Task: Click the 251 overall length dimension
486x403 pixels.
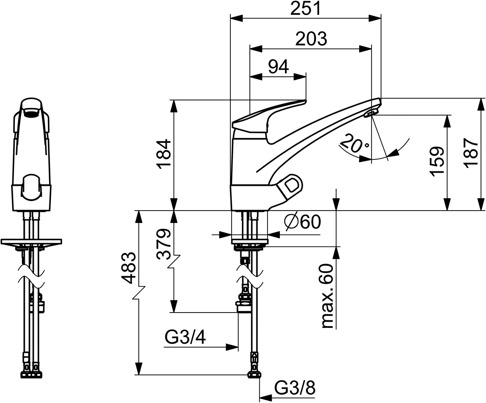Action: pos(305,9)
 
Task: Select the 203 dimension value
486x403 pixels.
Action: pos(311,39)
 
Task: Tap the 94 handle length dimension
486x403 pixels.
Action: pos(278,67)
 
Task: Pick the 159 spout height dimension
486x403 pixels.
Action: pos(437,161)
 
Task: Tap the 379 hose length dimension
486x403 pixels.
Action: pos(164,244)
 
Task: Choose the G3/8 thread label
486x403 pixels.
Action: pos(295,388)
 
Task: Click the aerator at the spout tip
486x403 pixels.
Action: pos(371,113)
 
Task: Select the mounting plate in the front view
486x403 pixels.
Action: pos(31,241)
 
